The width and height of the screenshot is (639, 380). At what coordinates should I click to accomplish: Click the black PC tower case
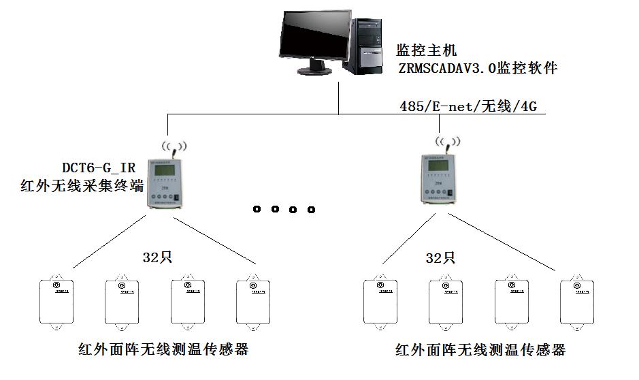click(x=368, y=44)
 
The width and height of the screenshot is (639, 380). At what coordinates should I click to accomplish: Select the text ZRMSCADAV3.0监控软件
click(x=478, y=68)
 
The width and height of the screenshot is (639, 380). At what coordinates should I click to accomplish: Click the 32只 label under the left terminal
click(x=154, y=258)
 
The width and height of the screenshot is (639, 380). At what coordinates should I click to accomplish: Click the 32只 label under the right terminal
click(x=438, y=258)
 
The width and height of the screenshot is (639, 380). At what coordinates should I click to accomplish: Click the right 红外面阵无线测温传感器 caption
click(x=480, y=350)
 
